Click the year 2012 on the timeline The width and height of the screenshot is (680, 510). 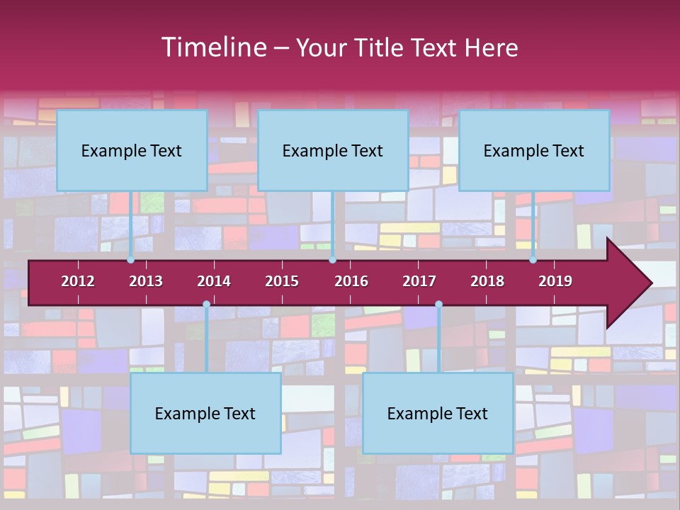click(78, 281)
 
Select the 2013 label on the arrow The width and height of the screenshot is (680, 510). click(146, 281)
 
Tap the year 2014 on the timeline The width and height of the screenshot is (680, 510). click(214, 281)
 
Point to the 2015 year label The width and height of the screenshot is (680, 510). click(282, 281)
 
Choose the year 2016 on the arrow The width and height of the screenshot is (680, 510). click(351, 281)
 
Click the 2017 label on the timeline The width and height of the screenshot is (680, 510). click(419, 281)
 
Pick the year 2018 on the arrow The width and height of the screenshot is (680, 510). click(487, 281)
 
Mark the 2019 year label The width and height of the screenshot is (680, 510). click(555, 281)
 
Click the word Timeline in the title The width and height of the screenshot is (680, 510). click(213, 47)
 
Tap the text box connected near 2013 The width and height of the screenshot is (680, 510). click(132, 150)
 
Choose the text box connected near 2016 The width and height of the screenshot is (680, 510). click(333, 150)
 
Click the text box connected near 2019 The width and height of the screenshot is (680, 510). click(534, 150)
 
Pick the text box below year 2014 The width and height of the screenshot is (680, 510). click(205, 413)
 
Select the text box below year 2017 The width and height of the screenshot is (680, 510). click(438, 413)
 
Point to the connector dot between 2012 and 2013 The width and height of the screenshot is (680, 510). click(131, 260)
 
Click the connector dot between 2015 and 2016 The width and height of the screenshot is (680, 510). click(332, 260)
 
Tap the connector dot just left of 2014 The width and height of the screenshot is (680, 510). click(206, 305)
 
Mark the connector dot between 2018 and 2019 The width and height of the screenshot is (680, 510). click(533, 260)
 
